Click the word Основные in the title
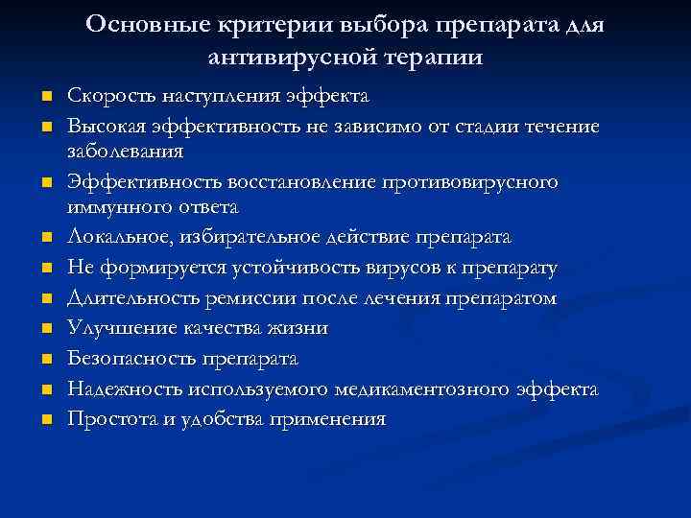[140, 23]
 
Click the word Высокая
[101, 127]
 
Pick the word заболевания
[124, 152]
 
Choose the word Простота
[104, 419]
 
